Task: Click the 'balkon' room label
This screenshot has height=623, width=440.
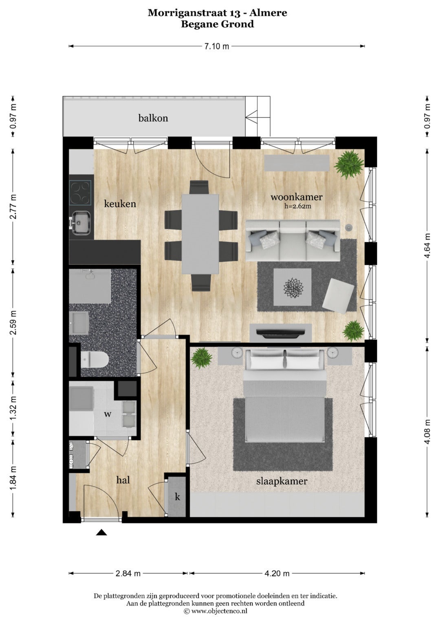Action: point(153,118)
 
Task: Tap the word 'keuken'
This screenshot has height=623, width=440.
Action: point(120,204)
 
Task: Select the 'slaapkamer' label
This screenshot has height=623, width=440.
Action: point(282,481)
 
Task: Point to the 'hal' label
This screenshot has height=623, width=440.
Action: point(123,480)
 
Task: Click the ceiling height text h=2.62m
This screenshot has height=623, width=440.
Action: point(297,206)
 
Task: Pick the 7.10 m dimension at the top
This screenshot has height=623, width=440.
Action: point(217,46)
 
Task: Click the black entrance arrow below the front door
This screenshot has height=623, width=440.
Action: point(102,532)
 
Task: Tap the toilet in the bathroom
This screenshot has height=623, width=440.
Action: point(95,360)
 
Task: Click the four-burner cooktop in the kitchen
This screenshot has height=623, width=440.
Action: point(80,193)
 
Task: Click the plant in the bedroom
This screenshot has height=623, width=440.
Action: point(202,358)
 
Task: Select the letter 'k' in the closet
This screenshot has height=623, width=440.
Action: point(177,497)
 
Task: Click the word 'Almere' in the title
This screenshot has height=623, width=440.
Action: point(268,13)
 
